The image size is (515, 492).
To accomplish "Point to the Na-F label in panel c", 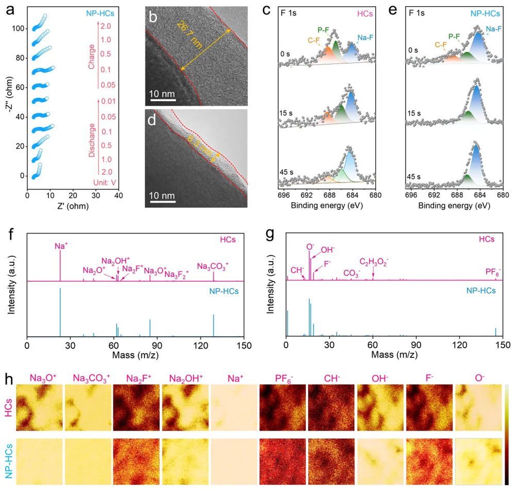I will [x=361, y=37].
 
